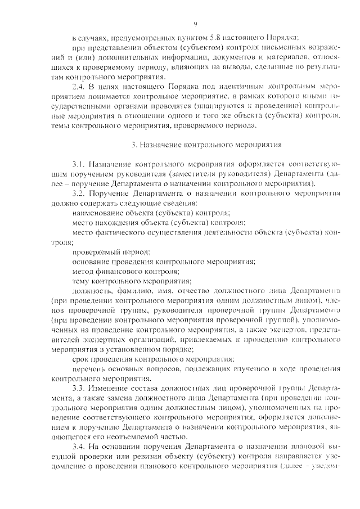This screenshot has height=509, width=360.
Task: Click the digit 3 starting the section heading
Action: [133, 144]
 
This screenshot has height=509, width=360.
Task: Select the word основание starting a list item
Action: [90, 263]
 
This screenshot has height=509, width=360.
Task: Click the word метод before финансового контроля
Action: [83, 272]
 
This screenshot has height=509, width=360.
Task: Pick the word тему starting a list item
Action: [82, 282]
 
